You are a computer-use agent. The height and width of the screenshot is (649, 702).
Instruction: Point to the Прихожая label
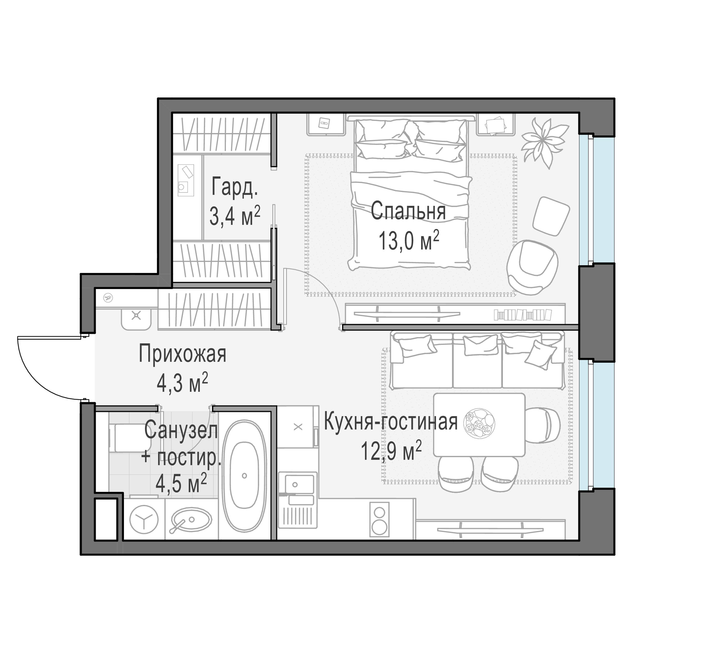[182, 354]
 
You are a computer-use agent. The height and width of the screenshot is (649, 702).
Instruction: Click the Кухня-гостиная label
[390, 422]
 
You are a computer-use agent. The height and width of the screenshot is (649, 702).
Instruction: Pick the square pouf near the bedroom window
[551, 216]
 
